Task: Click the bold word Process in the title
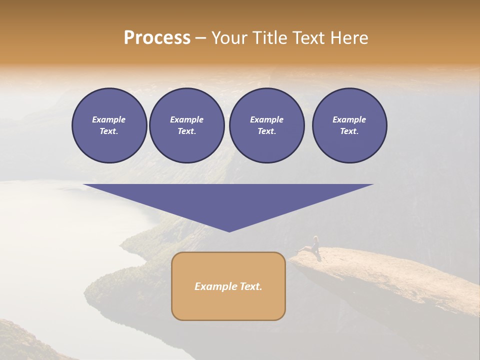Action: click(x=157, y=38)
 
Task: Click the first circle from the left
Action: click(x=109, y=125)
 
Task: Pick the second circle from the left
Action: click(x=186, y=125)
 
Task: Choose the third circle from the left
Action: click(x=266, y=125)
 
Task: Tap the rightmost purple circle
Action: click(x=349, y=125)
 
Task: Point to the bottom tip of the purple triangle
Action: click(x=229, y=230)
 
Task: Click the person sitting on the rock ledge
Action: click(x=314, y=245)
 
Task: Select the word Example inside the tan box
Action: click(x=212, y=286)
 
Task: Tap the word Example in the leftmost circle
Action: click(x=109, y=119)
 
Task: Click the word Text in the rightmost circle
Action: click(x=349, y=131)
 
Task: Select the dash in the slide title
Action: click(x=201, y=38)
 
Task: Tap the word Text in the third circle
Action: click(x=266, y=131)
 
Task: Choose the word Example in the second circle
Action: click(x=186, y=119)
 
